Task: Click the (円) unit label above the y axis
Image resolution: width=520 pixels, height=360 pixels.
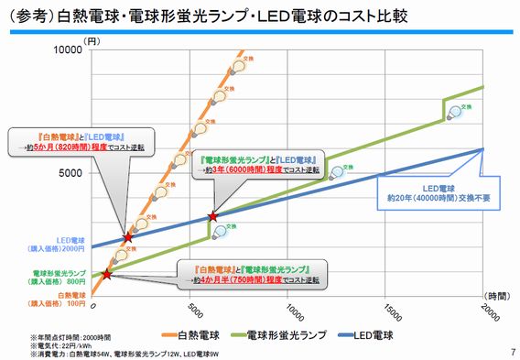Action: (92, 41)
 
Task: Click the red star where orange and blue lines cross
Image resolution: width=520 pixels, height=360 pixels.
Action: (127, 238)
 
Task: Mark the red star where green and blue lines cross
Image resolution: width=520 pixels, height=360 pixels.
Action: (213, 216)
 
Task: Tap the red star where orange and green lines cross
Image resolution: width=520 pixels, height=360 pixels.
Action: (107, 274)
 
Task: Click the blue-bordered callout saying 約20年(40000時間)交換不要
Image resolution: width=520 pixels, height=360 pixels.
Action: (430, 188)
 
